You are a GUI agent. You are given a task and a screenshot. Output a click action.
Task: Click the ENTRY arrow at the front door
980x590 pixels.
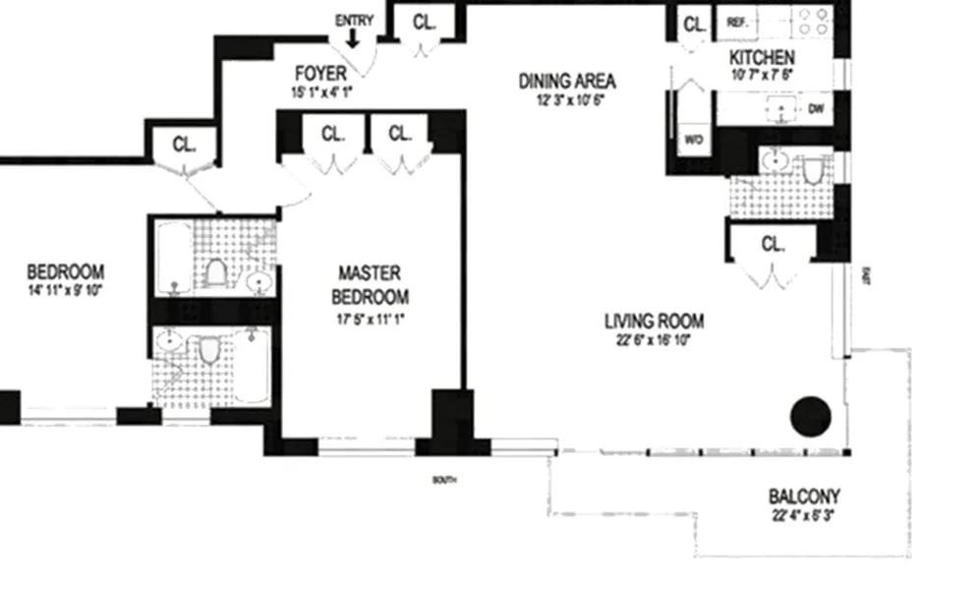point(353,37)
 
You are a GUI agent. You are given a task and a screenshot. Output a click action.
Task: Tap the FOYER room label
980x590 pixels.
point(320,74)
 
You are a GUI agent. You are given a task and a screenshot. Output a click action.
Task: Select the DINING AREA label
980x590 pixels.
point(567,80)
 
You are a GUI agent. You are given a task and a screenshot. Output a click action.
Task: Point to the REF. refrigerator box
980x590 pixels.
point(736,22)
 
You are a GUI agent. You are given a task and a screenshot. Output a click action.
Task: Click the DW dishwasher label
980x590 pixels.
point(815,109)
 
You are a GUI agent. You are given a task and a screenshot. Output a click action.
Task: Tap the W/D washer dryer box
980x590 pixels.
point(693,139)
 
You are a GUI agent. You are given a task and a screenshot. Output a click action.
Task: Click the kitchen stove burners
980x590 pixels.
point(813,22)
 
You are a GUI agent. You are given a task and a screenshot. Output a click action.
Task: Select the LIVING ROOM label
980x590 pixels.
point(654,321)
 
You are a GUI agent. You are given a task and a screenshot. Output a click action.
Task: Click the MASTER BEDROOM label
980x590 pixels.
point(370,284)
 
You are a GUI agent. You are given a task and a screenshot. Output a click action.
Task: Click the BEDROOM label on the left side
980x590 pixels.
point(65,272)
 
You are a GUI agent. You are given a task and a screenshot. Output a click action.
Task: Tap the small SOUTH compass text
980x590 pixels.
point(444,480)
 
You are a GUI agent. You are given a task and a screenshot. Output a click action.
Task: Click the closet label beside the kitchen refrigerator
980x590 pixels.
point(695,23)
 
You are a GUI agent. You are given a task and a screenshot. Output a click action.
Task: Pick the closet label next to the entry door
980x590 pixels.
point(424,21)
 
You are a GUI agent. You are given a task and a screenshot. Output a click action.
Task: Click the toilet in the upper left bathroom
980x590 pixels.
point(216,271)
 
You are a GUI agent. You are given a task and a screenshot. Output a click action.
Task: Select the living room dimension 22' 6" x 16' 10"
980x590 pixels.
point(654,340)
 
